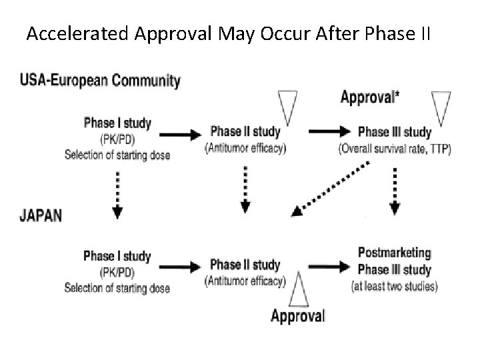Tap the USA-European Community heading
pos(100,81)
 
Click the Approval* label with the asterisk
pos(370,97)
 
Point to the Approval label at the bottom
pos(297,315)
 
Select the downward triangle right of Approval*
pos(442,107)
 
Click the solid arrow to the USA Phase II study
pos(181,133)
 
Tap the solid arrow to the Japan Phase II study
pos(181,267)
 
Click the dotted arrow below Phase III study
pos(395,191)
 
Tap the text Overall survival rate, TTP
pos(395,149)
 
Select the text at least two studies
pos(394,287)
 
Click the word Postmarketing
pos(394,253)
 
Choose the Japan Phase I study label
pos(117,257)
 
